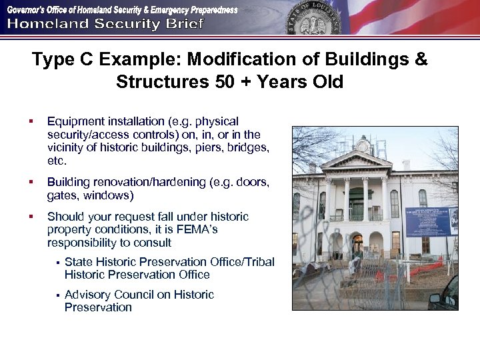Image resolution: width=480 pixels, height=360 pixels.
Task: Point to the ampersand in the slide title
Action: point(420,60)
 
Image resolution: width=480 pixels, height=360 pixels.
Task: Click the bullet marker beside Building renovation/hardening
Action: point(31,183)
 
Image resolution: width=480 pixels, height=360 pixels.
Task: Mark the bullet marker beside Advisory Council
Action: point(57,295)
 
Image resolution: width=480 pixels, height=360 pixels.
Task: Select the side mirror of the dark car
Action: point(436,298)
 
